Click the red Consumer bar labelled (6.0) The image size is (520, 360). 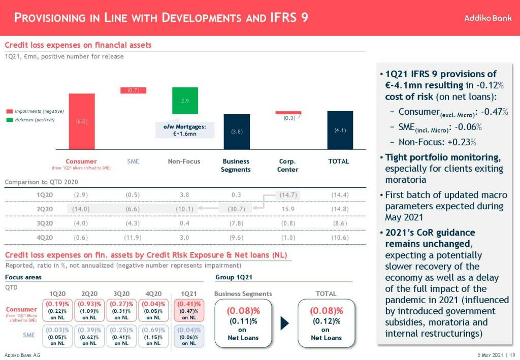point(82,121)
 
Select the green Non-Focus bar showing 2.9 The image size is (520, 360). point(185,101)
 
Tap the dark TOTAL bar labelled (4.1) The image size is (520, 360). point(340,130)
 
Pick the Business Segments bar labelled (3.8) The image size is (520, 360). point(237,132)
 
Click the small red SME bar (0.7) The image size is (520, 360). point(133,90)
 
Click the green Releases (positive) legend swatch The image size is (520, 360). point(10,120)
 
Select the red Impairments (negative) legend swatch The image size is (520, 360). point(10,111)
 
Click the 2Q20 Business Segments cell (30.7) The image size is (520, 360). point(237,209)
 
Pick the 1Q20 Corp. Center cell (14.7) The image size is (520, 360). point(287,194)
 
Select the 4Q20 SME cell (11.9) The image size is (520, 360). point(133,237)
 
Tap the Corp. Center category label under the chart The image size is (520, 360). point(287,166)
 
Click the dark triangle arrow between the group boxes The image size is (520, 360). point(285,323)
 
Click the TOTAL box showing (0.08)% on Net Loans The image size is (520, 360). point(327,323)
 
